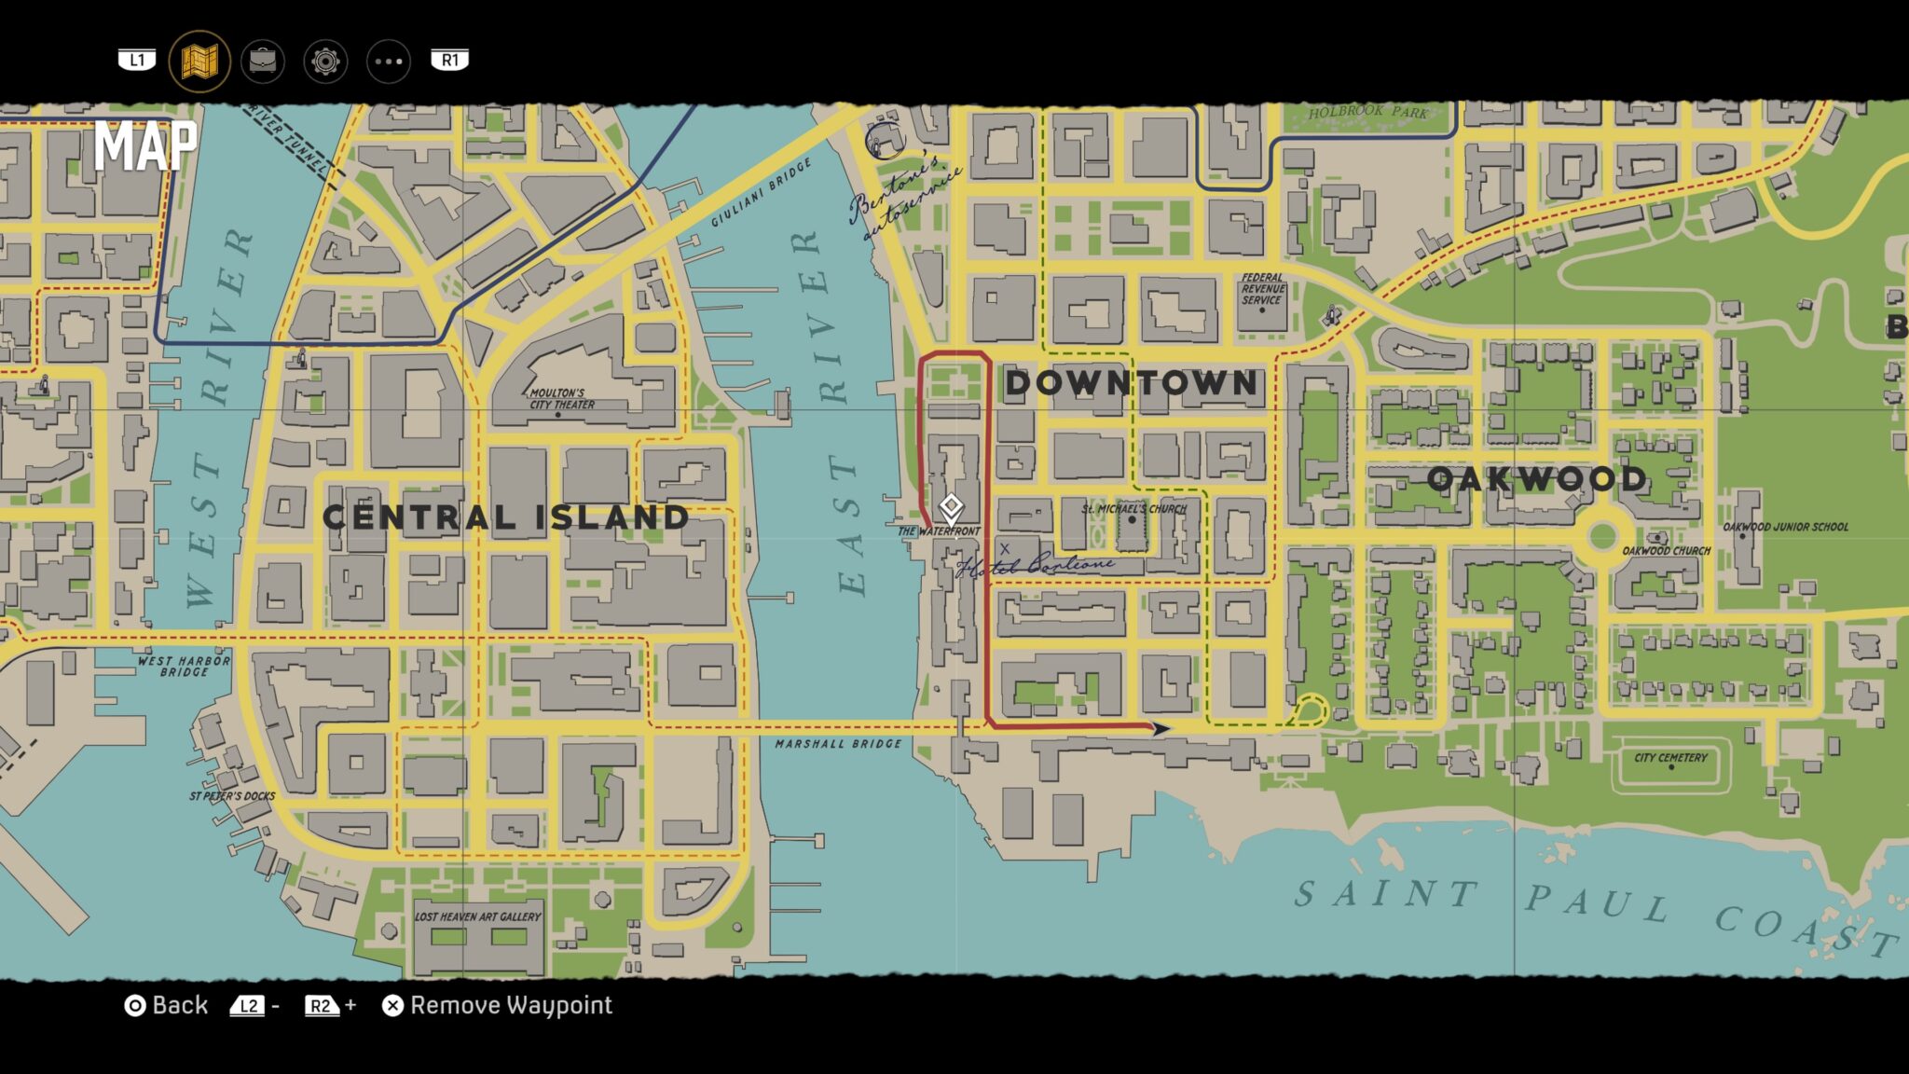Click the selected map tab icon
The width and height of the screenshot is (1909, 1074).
click(x=199, y=62)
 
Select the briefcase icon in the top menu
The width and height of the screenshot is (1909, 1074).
click(x=263, y=62)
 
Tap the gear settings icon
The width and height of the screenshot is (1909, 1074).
click(x=325, y=62)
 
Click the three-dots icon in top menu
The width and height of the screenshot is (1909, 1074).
click(x=388, y=62)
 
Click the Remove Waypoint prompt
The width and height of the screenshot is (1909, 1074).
click(x=498, y=1005)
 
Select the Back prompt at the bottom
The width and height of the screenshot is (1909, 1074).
click(x=168, y=1005)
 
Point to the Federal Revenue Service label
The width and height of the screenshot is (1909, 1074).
click(x=1263, y=289)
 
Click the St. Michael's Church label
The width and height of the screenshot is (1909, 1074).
click(x=1133, y=509)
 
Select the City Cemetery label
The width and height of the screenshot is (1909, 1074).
click(x=1670, y=758)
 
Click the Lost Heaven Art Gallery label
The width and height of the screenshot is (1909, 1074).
click(x=477, y=916)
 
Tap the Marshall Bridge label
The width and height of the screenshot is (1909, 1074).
click(x=838, y=744)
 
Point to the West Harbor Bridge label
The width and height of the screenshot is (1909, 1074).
click(x=184, y=666)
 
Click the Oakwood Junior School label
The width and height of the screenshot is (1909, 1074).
click(x=1785, y=527)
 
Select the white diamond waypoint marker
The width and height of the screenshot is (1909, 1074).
click(x=951, y=507)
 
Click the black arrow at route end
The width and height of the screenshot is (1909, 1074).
click(x=1160, y=728)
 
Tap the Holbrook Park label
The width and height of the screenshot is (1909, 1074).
click(x=1367, y=112)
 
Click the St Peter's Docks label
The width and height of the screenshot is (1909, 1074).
click(x=232, y=796)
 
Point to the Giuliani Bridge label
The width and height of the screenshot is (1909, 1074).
click(x=762, y=192)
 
